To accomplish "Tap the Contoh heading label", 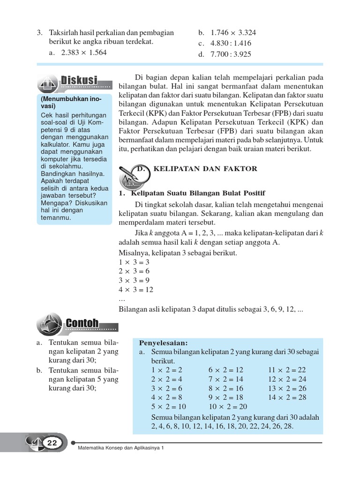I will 82,323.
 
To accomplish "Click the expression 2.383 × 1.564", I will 84,52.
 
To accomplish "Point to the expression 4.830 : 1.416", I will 225,43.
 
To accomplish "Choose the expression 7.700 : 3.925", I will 225,54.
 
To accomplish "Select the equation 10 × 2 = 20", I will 228,406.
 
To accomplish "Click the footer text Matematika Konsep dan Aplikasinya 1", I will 121,448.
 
